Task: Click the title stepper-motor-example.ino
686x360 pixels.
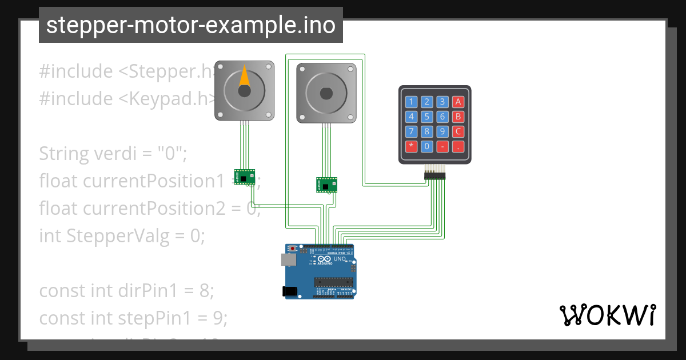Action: (x=190, y=26)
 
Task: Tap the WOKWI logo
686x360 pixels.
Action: (x=607, y=315)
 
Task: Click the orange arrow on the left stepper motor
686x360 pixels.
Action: (x=244, y=77)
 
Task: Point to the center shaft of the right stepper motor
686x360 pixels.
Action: (x=326, y=93)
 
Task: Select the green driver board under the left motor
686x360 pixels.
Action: (x=244, y=177)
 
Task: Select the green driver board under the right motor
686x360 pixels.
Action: (x=326, y=185)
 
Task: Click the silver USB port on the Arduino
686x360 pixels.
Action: (x=290, y=259)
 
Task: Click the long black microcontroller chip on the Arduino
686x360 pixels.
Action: (x=333, y=281)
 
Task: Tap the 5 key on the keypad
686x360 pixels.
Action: (x=426, y=117)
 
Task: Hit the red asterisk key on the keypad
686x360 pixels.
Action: (x=410, y=146)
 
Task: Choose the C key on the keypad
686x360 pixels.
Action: (x=457, y=131)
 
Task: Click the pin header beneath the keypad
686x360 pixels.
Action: (x=434, y=175)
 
